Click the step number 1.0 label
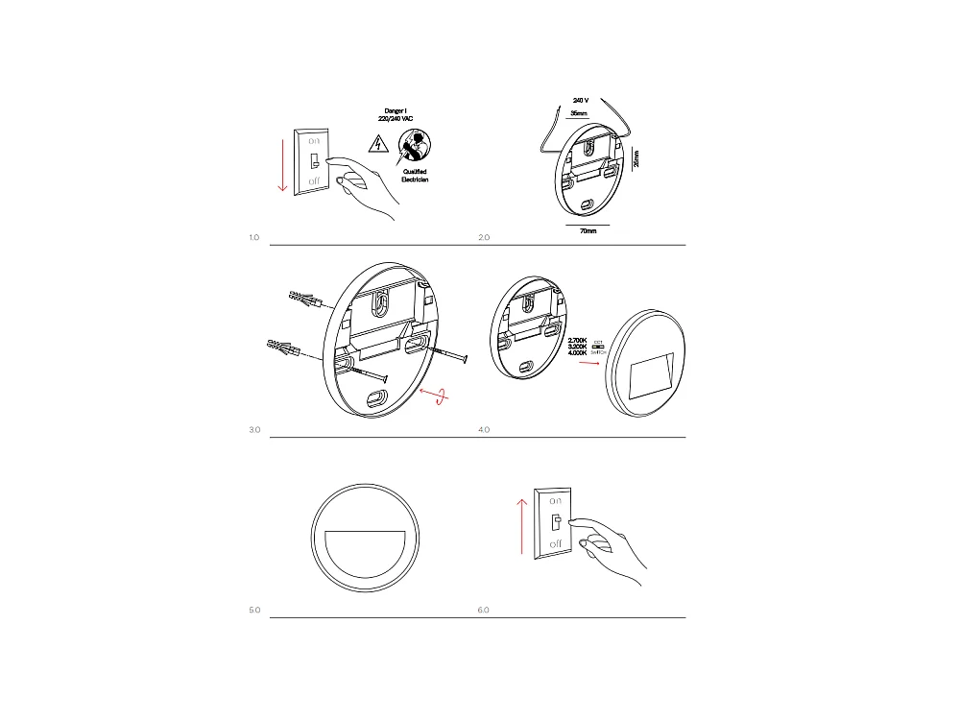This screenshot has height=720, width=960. pos(253,236)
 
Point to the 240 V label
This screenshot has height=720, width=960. pos(580,100)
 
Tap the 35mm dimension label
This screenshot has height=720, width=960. pos(579,113)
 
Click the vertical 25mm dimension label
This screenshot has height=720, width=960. pos(637,158)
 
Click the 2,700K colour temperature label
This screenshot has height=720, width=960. pos(578,341)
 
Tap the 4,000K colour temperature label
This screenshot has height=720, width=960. pos(578,355)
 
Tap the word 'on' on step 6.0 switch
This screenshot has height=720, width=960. pos(555,501)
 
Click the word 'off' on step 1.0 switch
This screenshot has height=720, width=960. pos(315,181)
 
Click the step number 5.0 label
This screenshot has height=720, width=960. pos(254,610)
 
